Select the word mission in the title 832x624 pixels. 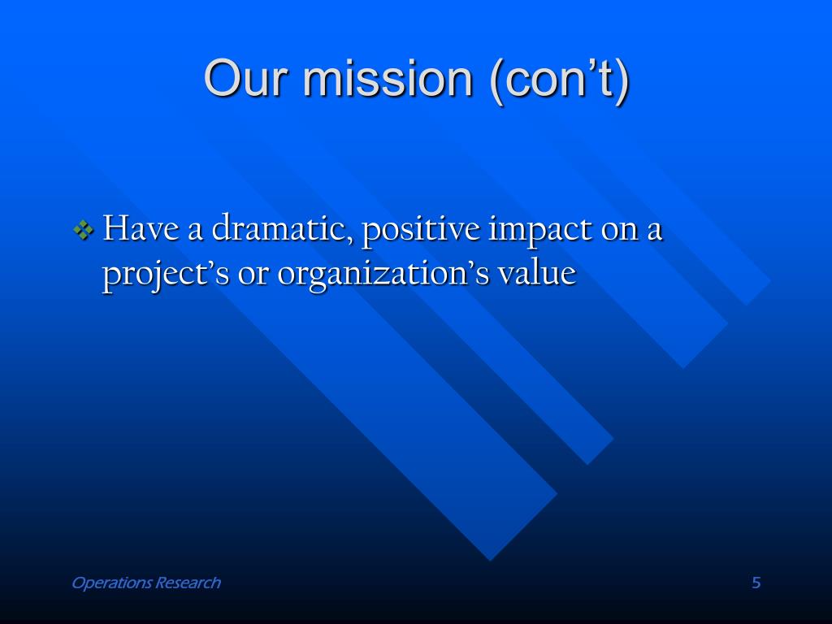point(388,79)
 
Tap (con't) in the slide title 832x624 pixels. point(560,80)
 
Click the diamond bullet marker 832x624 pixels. point(84,230)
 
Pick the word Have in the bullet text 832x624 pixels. point(141,228)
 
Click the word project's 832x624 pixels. point(166,275)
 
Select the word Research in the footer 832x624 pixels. point(188,583)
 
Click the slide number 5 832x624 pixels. point(756,583)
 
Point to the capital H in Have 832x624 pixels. point(115,228)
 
